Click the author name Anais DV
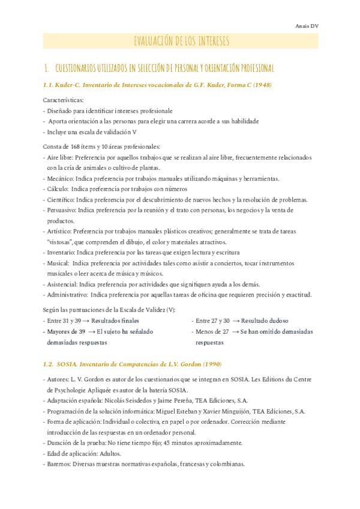click(307, 26)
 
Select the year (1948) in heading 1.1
click(260, 85)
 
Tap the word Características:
click(64, 100)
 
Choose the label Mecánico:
click(61, 178)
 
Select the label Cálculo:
click(58, 188)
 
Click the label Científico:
click(61, 199)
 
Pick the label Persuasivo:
click(62, 210)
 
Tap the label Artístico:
click(61, 231)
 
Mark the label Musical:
click(58, 263)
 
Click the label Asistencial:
click(63, 284)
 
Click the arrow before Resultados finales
click(87, 321)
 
